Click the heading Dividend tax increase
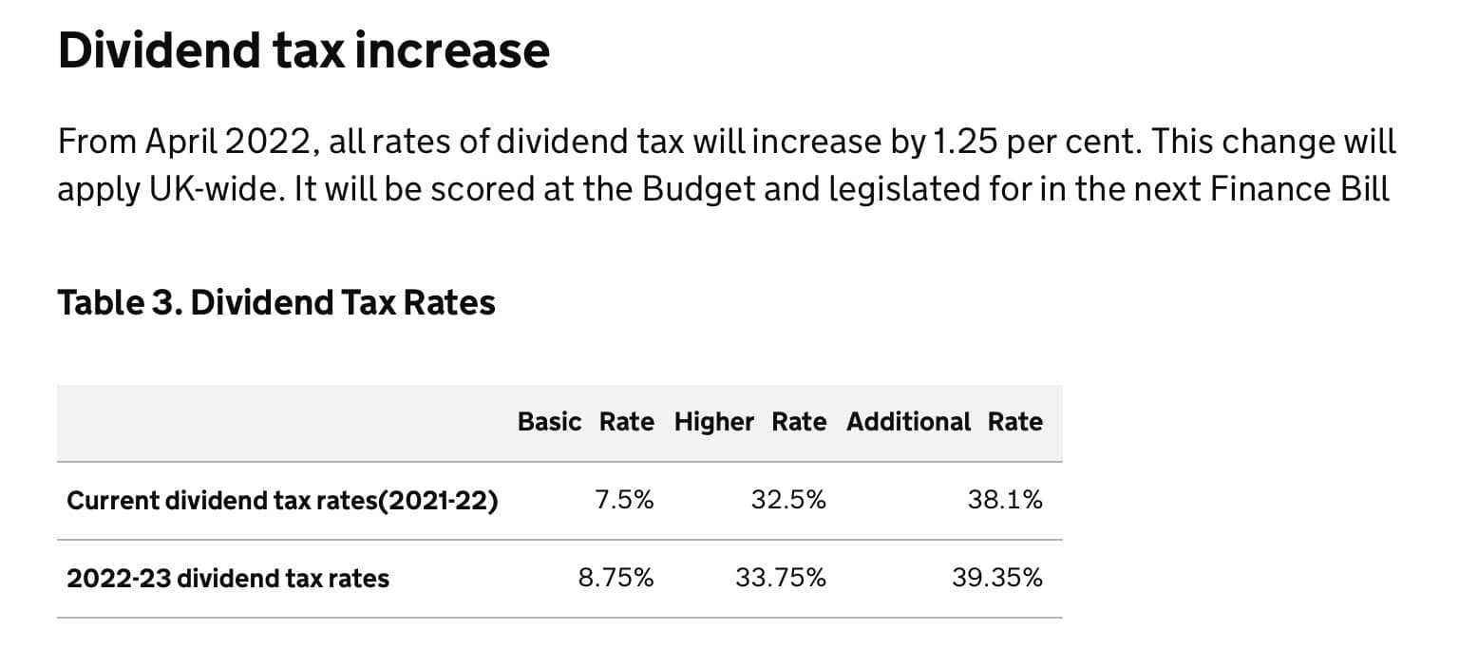click(304, 49)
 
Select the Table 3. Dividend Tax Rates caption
click(276, 302)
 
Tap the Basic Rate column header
click(585, 422)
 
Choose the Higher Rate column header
click(749, 422)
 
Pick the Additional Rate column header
click(944, 422)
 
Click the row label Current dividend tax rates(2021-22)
click(282, 501)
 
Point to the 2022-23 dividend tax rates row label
click(228, 579)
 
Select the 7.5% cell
click(624, 500)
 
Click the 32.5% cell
click(787, 500)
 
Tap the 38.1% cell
click(1005, 500)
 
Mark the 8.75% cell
click(616, 578)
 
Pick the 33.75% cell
click(780, 578)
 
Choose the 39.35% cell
click(996, 578)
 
